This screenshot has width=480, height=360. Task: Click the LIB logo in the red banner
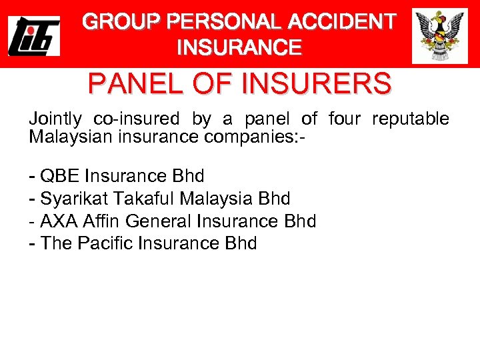click(33, 37)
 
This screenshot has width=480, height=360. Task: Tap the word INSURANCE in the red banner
click(239, 47)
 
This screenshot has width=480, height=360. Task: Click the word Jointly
click(55, 119)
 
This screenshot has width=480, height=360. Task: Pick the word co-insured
click(136, 119)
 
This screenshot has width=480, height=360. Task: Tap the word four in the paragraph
click(345, 119)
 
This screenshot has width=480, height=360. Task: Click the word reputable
click(411, 119)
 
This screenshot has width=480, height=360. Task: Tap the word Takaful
click(142, 199)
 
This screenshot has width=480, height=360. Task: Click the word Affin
click(101, 221)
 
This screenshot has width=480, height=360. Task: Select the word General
click(155, 221)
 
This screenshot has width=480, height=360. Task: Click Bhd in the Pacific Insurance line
click(241, 243)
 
